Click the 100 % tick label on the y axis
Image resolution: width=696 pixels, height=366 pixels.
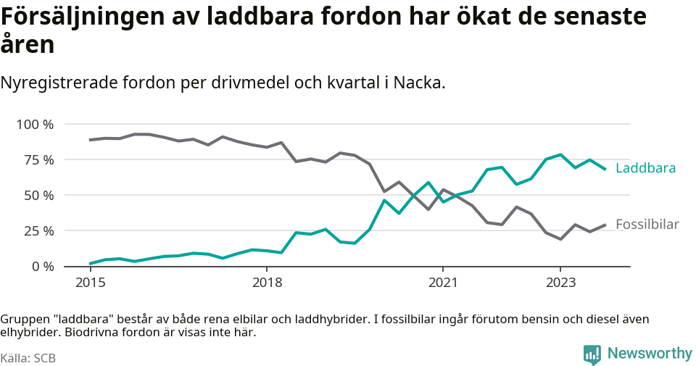(35, 125)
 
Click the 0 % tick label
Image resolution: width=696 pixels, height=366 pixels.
(41, 267)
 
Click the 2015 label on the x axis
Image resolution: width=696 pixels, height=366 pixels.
(89, 282)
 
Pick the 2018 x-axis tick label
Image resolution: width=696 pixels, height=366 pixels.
(267, 282)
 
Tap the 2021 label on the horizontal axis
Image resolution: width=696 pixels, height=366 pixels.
(443, 282)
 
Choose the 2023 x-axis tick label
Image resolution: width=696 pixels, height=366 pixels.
(560, 282)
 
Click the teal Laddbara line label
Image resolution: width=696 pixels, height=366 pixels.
(645, 168)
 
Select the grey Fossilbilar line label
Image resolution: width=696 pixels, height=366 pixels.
(647, 225)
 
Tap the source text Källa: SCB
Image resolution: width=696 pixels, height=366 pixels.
(28, 358)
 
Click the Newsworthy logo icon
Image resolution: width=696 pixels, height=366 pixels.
(592, 354)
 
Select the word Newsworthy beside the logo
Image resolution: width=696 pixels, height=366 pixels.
(650, 354)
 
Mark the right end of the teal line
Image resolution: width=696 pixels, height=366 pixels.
(605, 169)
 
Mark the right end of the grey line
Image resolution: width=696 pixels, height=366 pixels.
(605, 225)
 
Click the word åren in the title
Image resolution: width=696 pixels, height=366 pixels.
(27, 45)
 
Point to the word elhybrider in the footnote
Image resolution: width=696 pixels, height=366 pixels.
(28, 333)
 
